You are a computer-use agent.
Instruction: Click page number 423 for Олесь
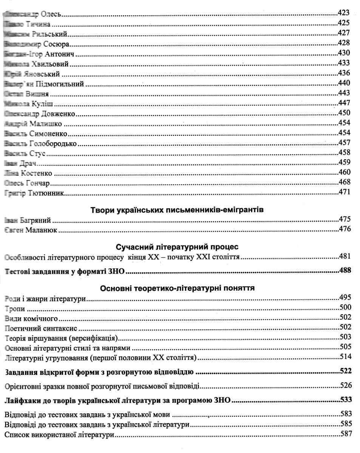point(344,13)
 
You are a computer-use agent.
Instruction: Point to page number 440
point(344,83)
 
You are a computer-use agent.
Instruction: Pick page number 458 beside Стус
point(344,153)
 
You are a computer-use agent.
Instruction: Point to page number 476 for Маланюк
point(344,229)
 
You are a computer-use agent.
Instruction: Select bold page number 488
point(344,270)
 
